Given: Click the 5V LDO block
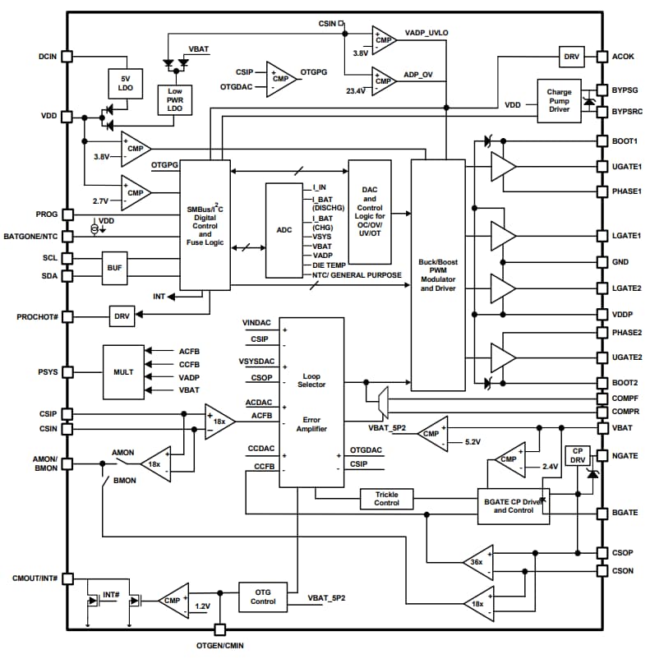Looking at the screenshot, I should [126, 82].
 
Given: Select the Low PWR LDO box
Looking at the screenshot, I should [175, 99].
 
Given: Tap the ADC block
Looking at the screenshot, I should [284, 230].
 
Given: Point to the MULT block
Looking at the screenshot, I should [122, 371].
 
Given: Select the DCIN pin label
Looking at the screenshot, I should [47, 57].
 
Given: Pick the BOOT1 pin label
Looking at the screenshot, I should [626, 141].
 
